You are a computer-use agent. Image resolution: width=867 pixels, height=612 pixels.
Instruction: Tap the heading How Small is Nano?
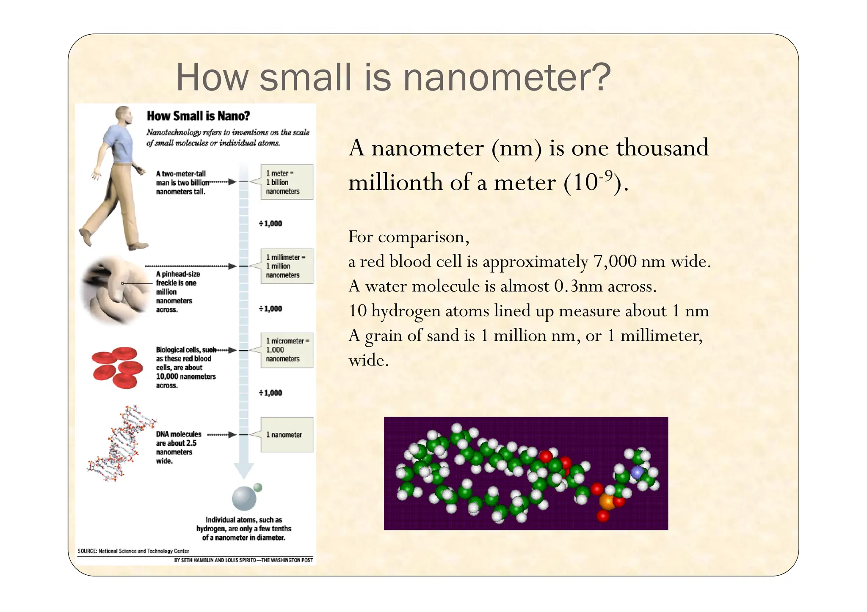pos(198,116)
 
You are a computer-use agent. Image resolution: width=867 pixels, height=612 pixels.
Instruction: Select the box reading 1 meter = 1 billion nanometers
pos(287,182)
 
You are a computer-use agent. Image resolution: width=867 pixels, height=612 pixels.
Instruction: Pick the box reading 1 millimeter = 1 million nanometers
pos(287,266)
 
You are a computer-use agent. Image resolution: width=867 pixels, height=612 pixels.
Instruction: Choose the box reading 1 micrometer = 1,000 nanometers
pos(287,350)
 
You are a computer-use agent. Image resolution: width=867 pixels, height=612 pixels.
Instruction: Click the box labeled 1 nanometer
pos(287,435)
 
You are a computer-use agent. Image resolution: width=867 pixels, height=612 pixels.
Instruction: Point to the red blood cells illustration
pos(117,367)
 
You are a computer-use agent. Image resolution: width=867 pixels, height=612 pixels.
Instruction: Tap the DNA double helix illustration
pos(121,444)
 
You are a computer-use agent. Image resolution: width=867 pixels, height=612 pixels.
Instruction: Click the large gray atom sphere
pos(244,499)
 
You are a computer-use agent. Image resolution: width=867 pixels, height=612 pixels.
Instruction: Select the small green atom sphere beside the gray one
pos(258,488)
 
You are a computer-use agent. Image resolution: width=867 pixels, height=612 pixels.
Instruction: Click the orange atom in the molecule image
pos(607,502)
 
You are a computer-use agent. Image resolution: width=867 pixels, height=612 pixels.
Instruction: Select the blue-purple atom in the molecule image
pos(637,472)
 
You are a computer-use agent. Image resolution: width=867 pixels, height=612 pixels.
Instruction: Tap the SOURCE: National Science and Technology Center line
pos(133,551)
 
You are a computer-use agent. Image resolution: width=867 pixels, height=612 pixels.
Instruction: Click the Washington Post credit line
pos(243,560)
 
